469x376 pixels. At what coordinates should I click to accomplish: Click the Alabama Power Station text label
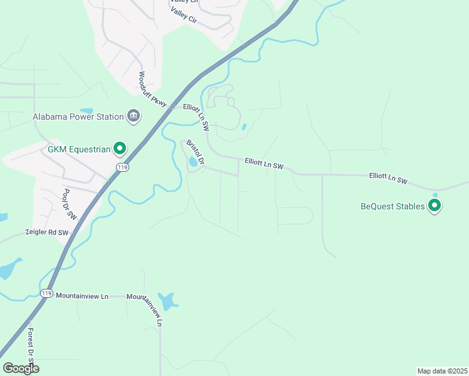click(78, 117)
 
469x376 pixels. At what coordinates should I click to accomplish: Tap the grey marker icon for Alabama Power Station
click(133, 116)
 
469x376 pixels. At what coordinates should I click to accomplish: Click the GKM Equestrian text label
click(79, 149)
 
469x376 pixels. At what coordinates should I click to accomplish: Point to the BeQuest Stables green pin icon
click(435, 206)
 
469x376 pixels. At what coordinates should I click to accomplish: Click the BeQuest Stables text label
click(392, 206)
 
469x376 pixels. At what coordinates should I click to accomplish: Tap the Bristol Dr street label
click(195, 152)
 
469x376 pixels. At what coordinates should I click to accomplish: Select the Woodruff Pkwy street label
click(152, 90)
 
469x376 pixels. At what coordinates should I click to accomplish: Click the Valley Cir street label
click(184, 11)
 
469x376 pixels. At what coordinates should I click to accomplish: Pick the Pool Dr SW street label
click(70, 204)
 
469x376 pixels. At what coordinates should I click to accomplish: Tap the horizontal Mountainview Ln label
click(82, 295)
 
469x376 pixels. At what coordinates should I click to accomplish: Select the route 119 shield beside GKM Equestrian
click(122, 167)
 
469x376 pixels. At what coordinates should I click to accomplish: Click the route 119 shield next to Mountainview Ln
click(46, 293)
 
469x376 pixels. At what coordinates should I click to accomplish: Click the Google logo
click(21, 368)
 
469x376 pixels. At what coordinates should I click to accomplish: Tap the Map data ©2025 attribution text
click(442, 371)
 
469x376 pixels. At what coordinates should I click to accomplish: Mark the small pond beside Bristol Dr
click(192, 162)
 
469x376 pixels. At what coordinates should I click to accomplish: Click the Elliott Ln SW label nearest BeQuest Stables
click(388, 179)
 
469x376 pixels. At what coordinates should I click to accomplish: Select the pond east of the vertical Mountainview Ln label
click(167, 301)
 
